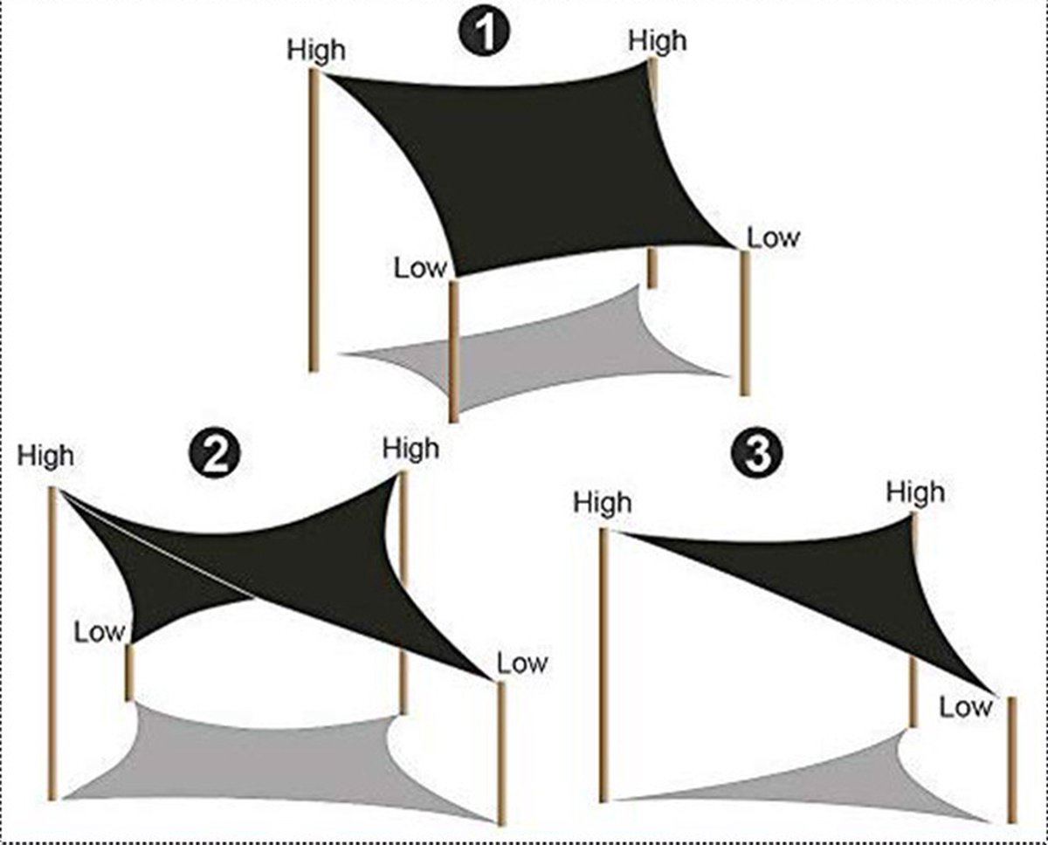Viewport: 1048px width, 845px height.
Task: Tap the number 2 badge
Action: [215, 455]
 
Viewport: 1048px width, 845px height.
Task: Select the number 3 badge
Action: [757, 453]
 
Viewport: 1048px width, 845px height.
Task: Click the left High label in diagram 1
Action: [316, 51]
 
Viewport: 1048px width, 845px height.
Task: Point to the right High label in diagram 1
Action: [658, 41]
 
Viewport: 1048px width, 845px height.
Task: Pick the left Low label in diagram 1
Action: [420, 268]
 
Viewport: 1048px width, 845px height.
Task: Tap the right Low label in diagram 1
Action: [774, 238]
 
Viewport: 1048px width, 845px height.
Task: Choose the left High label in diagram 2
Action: [45, 457]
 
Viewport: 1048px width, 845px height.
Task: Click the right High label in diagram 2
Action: [411, 449]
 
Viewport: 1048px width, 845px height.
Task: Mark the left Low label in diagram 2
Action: [100, 632]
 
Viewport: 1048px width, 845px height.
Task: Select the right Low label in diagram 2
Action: [522, 663]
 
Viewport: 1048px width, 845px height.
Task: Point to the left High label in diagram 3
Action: [603, 502]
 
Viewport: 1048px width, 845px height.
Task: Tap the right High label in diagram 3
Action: [915, 492]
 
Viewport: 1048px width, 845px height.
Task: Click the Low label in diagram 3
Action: [965, 707]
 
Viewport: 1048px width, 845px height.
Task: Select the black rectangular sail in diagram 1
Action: [531, 166]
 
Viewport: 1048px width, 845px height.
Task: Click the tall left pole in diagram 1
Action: [314, 220]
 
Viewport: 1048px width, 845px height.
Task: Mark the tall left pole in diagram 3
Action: [603, 665]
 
